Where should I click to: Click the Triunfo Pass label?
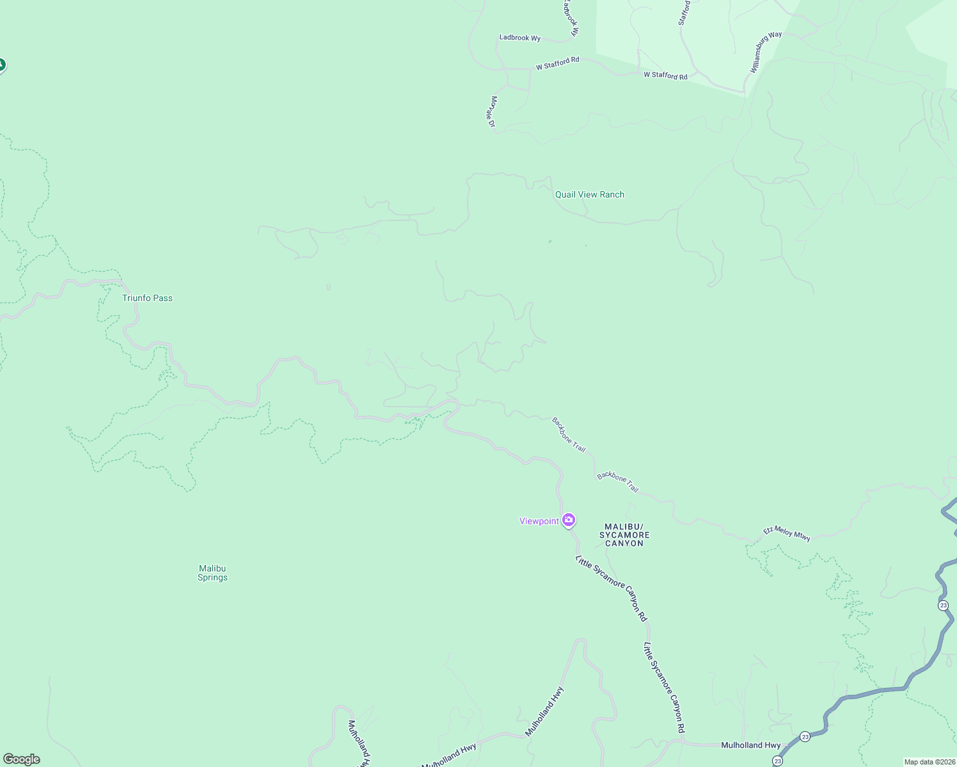147,298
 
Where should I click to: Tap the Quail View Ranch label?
589,194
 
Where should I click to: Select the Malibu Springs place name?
212,573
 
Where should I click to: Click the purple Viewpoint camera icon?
568,520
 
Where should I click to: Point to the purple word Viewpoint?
539,521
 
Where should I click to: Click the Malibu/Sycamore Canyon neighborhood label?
624,535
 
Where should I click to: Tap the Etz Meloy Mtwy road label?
787,534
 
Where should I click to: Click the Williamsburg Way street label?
766,52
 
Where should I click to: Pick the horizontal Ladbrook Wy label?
519,38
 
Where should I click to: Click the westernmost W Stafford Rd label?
557,63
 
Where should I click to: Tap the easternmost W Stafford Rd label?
665,75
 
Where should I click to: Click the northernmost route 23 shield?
943,605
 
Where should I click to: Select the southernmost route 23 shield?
777,761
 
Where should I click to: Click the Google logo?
22,759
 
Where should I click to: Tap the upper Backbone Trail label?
569,435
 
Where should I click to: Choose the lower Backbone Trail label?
617,482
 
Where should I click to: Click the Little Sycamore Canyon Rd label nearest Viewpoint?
612,589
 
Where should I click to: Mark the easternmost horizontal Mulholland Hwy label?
750,745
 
